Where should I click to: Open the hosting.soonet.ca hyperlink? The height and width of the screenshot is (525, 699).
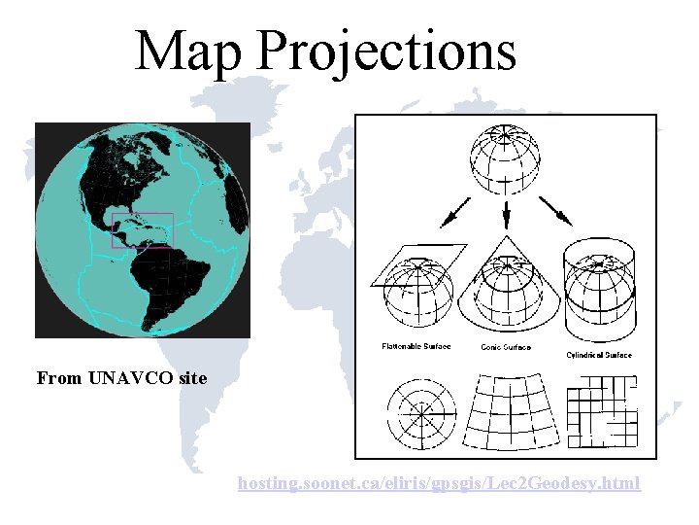pyautogui.click(x=439, y=482)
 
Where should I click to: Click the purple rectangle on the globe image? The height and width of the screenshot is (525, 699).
pyautogui.click(x=143, y=230)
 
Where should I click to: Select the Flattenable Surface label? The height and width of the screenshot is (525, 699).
pyautogui.click(x=416, y=347)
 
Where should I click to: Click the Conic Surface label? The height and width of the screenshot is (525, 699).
pyautogui.click(x=506, y=348)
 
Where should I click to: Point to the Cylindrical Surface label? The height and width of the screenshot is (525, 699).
pyautogui.click(x=599, y=355)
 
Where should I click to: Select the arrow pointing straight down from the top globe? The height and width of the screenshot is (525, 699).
pyautogui.click(x=506, y=210)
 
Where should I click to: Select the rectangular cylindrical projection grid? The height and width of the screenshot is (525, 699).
pyautogui.click(x=602, y=409)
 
